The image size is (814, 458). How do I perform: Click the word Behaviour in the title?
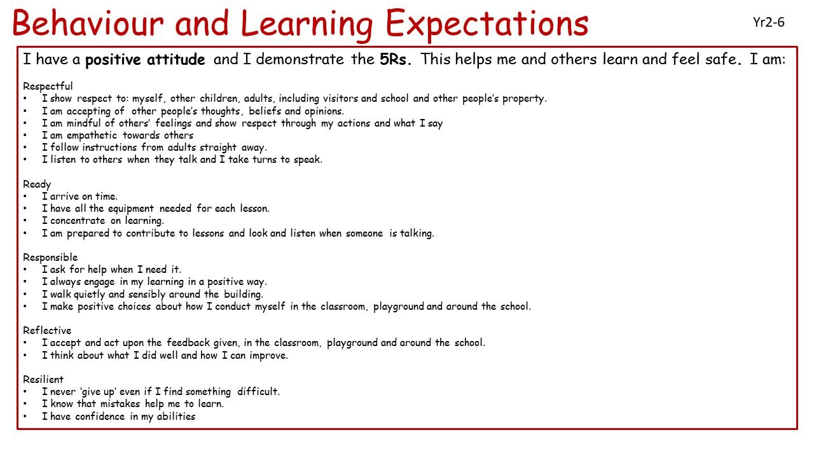pos(88,24)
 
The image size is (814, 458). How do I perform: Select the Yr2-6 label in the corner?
pos(769,22)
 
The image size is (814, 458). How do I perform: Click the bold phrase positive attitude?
pos(145,60)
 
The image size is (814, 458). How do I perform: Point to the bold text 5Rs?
pos(396,59)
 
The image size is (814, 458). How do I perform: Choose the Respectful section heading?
pos(48,87)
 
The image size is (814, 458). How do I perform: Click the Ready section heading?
pos(37,184)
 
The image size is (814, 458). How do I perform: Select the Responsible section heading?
pos(50,258)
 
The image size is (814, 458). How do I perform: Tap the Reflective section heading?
pos(47,330)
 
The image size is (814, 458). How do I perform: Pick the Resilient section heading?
pos(43,380)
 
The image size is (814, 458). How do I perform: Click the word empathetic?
pos(92,135)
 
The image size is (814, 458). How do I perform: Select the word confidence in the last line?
pos(100,417)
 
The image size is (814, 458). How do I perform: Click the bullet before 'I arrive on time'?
pos(25,197)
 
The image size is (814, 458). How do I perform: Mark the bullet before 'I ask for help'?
pos(25,270)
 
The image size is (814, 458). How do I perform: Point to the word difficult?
pos(258,391)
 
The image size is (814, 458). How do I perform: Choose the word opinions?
pos(324,111)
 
